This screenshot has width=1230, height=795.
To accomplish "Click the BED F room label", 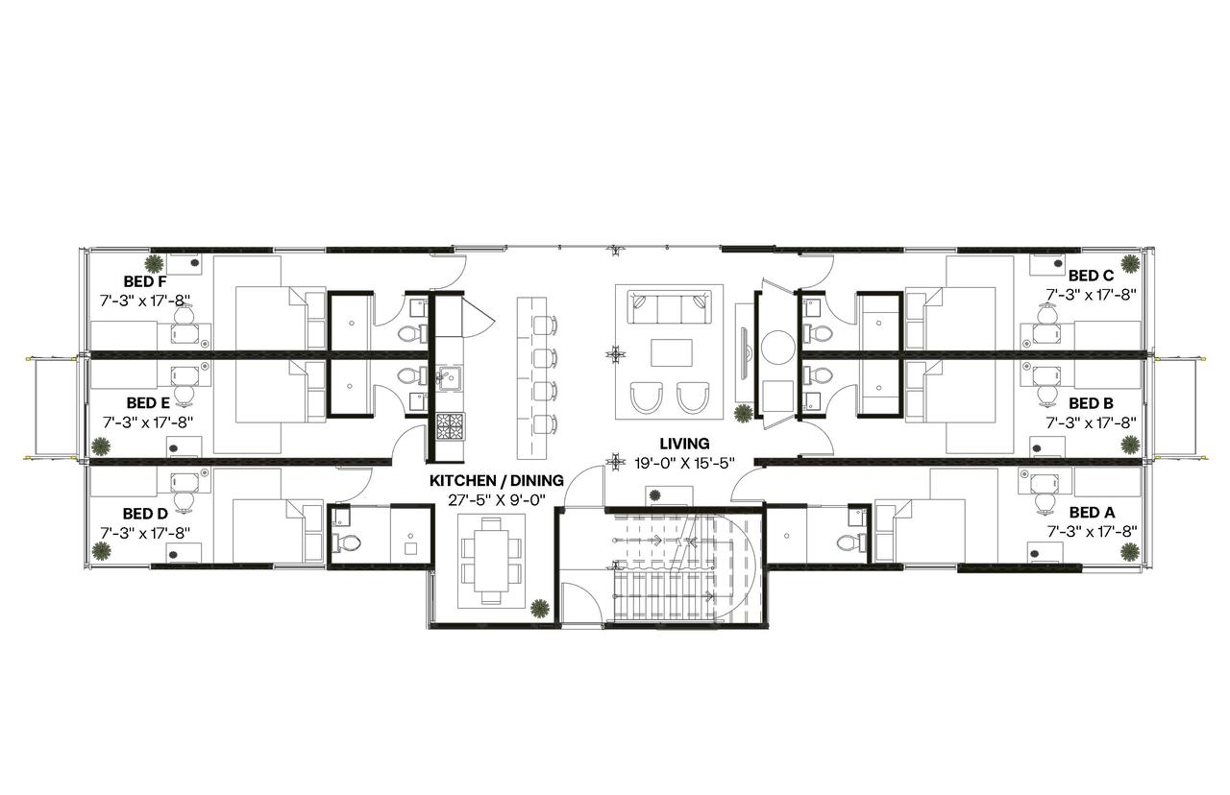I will pos(145,282).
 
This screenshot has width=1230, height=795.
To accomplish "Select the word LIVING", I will pos(684,444).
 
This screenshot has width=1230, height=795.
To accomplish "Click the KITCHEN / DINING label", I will pos(495,480).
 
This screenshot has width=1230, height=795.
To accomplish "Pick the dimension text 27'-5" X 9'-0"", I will pos(496,498).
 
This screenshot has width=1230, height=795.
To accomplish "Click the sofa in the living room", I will pos(668,309).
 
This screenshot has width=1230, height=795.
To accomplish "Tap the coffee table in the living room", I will pos(670,353).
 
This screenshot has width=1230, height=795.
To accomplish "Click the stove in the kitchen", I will pos(449,426).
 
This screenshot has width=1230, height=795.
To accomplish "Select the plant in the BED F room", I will pos(153,263).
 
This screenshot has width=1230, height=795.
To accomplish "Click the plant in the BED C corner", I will pos(1131,262).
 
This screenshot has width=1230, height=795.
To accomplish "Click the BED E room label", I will pos(148,402).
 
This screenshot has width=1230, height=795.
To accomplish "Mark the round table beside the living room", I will pos(776,348).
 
